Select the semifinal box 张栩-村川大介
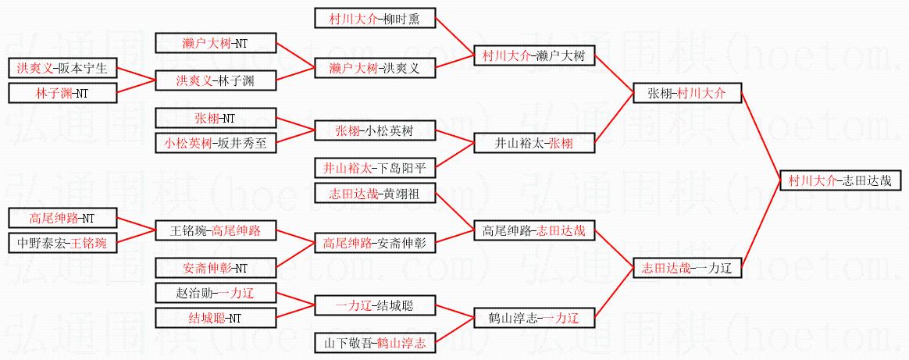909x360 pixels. pyautogui.click(x=686, y=93)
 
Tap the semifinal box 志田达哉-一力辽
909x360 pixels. pyautogui.click(x=686, y=268)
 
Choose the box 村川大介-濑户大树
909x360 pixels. pyautogui.click(x=534, y=55)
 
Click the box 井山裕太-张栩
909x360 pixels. pyautogui.click(x=534, y=143)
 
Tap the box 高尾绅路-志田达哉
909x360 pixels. pyautogui.click(x=534, y=230)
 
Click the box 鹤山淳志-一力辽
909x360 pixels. pyautogui.click(x=534, y=318)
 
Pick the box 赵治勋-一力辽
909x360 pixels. pyautogui.click(x=216, y=294)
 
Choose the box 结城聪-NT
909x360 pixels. pyautogui.click(x=216, y=318)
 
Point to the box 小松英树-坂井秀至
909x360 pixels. pyautogui.click(x=216, y=143)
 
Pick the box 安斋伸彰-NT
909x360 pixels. pyautogui.click(x=216, y=268)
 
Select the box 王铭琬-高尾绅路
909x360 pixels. pyautogui.click(x=216, y=230)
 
